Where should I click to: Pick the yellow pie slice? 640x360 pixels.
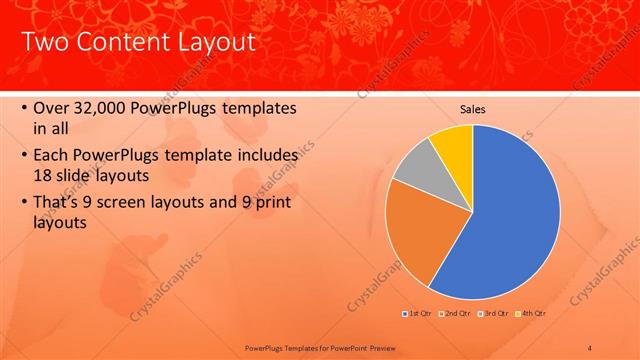point(453,143)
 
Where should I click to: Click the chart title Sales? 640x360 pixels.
point(473,108)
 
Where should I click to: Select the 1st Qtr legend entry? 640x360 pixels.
point(416,313)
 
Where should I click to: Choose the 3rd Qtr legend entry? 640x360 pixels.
point(496,313)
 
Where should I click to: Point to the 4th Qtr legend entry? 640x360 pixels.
point(532,313)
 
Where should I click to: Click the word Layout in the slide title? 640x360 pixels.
point(205,42)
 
